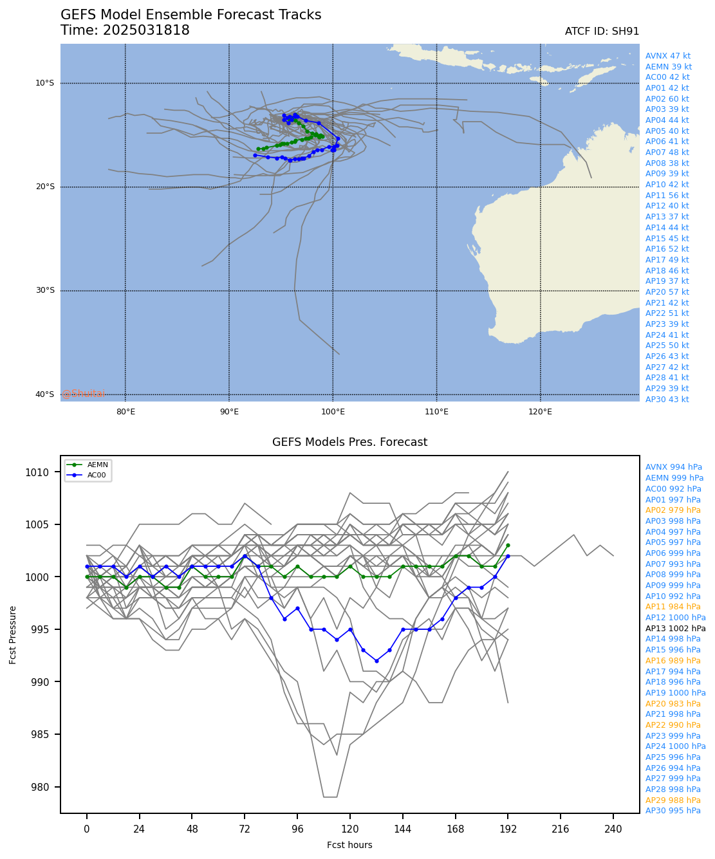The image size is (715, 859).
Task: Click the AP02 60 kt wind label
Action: tap(667, 99)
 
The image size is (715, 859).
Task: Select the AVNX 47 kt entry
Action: tap(668, 56)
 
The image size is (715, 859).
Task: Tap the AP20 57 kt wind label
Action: tap(667, 292)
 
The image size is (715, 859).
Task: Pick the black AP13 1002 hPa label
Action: tap(675, 629)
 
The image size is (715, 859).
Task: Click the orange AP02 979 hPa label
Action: tap(673, 510)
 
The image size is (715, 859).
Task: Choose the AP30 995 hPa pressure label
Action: tap(673, 811)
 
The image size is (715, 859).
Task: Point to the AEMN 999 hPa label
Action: tap(674, 478)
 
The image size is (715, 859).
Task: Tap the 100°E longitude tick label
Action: tap(333, 412)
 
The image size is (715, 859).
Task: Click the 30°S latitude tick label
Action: tap(45, 290)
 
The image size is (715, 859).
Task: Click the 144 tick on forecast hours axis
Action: tap(403, 829)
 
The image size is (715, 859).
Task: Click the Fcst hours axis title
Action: tap(349, 845)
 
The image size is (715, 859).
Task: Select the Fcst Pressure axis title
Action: tap(13, 634)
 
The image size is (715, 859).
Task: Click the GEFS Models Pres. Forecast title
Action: tap(349, 442)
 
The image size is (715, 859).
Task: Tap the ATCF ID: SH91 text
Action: tap(602, 32)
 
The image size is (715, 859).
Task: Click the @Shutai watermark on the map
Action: tap(83, 394)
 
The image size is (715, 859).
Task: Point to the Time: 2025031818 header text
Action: tap(125, 31)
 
